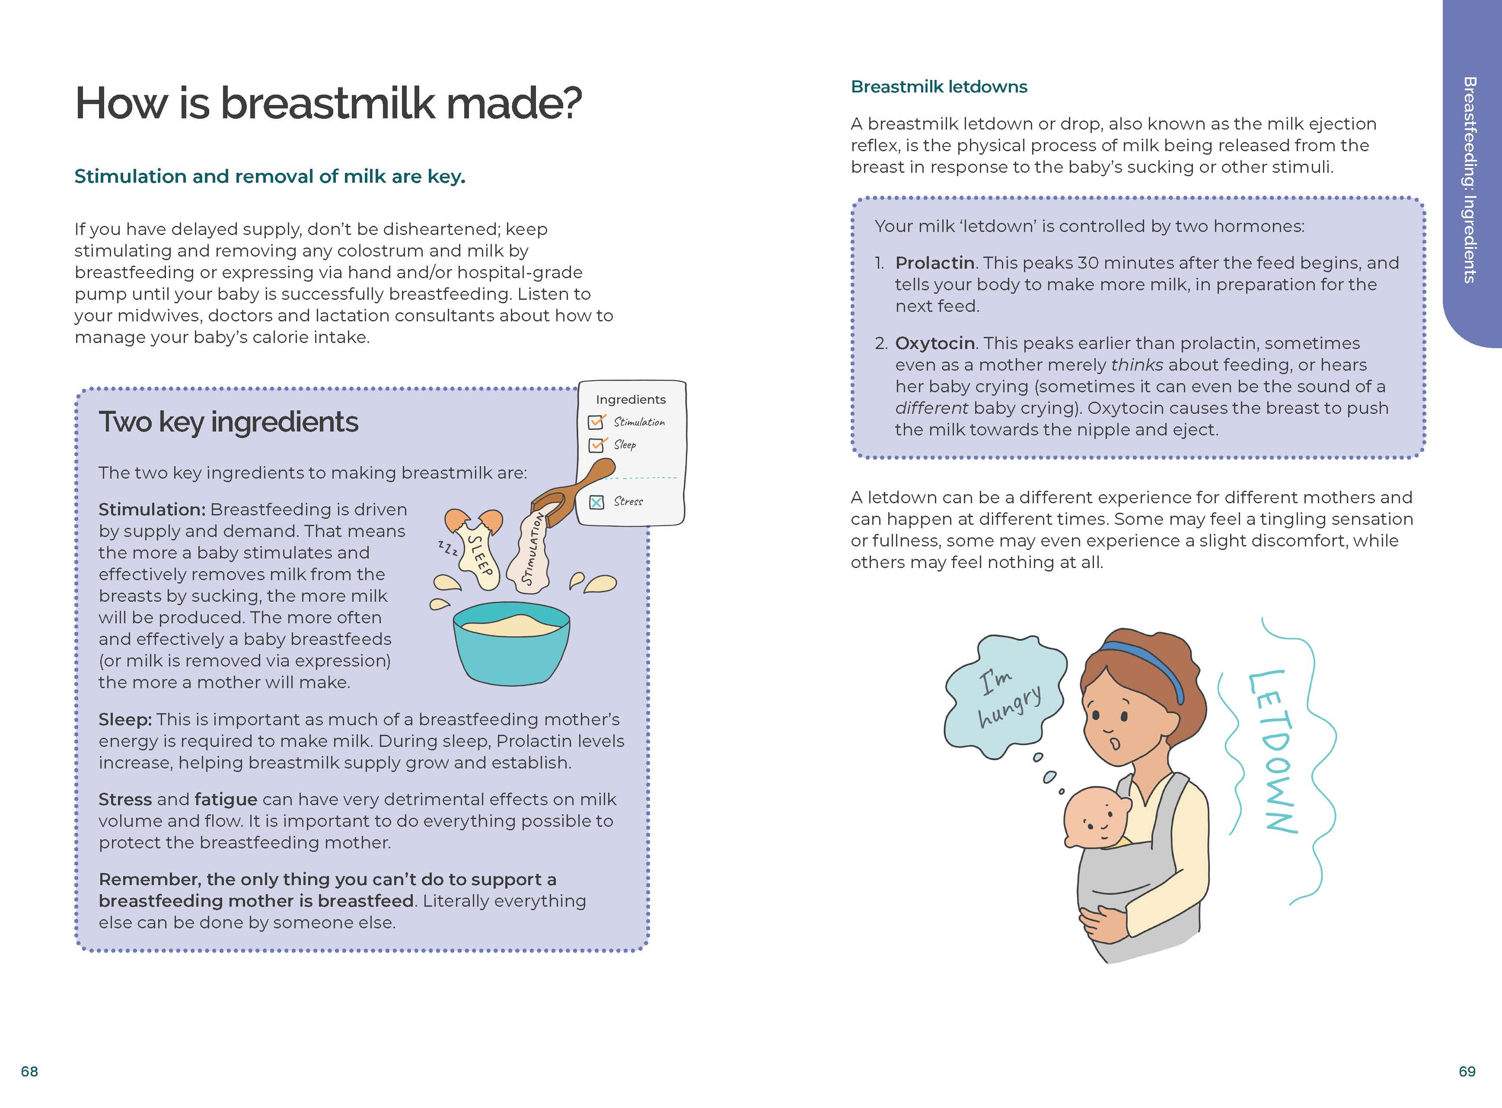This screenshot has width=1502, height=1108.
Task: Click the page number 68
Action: pyautogui.click(x=29, y=1071)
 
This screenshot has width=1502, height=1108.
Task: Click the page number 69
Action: pyautogui.click(x=1467, y=1071)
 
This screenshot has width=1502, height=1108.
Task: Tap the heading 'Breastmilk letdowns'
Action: pyautogui.click(x=938, y=86)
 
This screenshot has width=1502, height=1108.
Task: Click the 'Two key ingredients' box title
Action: pyautogui.click(x=228, y=422)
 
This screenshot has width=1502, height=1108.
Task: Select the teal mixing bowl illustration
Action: pyautogui.click(x=511, y=644)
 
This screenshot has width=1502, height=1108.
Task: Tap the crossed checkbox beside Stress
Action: pyautogui.click(x=596, y=502)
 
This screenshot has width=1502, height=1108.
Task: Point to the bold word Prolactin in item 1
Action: pyautogui.click(x=934, y=263)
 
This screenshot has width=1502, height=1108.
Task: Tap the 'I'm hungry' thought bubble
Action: pyautogui.click(x=1005, y=698)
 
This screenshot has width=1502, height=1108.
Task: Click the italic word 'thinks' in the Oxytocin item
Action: pyautogui.click(x=1137, y=365)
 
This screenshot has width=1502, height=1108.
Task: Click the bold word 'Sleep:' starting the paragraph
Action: pyautogui.click(x=125, y=720)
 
